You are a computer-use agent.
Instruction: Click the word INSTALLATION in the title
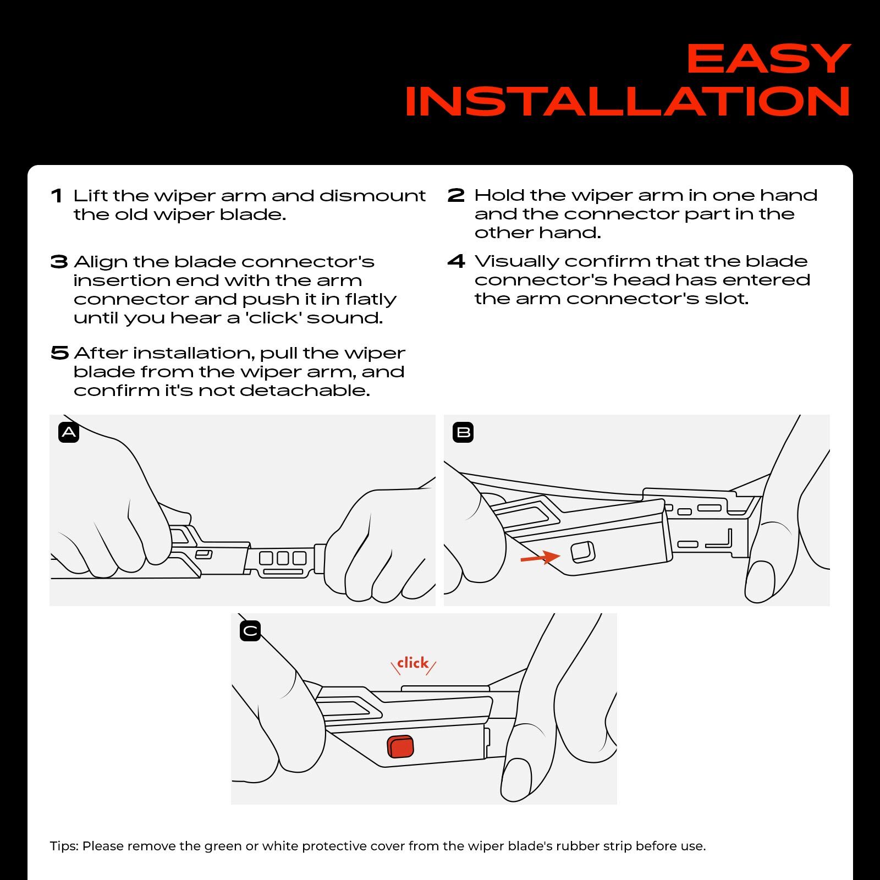(x=628, y=101)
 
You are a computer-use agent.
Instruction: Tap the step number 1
(x=56, y=196)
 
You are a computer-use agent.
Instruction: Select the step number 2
(x=456, y=195)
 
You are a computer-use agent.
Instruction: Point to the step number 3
(x=59, y=262)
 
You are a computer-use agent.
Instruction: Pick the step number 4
(x=457, y=261)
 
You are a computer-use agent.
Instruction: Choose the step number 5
(x=59, y=353)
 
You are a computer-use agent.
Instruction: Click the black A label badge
(x=69, y=432)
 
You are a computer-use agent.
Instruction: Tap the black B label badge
(x=463, y=432)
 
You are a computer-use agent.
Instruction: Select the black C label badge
(x=250, y=631)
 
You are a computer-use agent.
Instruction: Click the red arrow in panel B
(x=540, y=558)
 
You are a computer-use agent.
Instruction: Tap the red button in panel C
(x=400, y=746)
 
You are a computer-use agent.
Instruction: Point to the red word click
(x=413, y=663)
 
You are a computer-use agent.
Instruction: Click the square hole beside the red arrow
(x=583, y=552)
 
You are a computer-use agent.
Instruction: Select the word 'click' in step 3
(x=272, y=318)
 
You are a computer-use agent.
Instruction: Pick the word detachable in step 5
(x=305, y=391)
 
